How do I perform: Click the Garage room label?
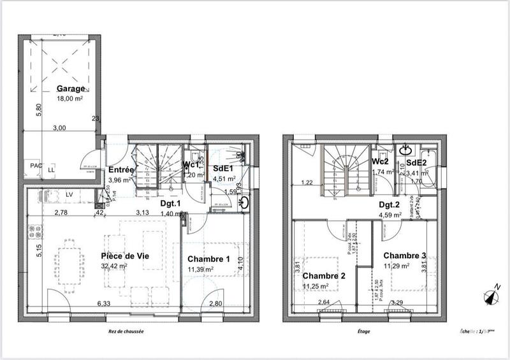tap(70, 89)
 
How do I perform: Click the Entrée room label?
tap(120, 170)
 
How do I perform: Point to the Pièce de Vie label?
tap(126, 256)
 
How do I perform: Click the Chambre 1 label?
tap(208, 259)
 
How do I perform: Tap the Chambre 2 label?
tap(324, 276)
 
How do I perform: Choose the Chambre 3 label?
tap(404, 256)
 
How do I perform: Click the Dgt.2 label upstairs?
tap(388, 205)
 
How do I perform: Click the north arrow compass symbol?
tap(492, 295)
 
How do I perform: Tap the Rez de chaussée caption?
tap(126, 331)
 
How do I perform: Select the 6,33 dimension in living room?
tap(103, 304)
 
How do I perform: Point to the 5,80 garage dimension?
tap(38, 110)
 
